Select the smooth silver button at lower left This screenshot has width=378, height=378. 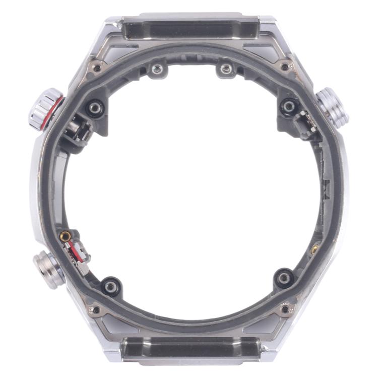tap(49, 270)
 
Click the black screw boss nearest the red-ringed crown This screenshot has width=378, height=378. tap(95, 107)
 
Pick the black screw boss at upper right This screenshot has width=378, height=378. tap(289, 106)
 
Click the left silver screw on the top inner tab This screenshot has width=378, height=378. tap(158, 68)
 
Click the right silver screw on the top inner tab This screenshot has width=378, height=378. tap(226, 68)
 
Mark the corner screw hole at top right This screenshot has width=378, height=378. tap(285, 66)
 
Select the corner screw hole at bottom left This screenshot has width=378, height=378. tap(95, 309)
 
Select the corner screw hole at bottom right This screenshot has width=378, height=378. tap(286, 308)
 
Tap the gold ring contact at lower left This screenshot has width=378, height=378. tap(65, 235)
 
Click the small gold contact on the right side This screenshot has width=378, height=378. tap(314, 248)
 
